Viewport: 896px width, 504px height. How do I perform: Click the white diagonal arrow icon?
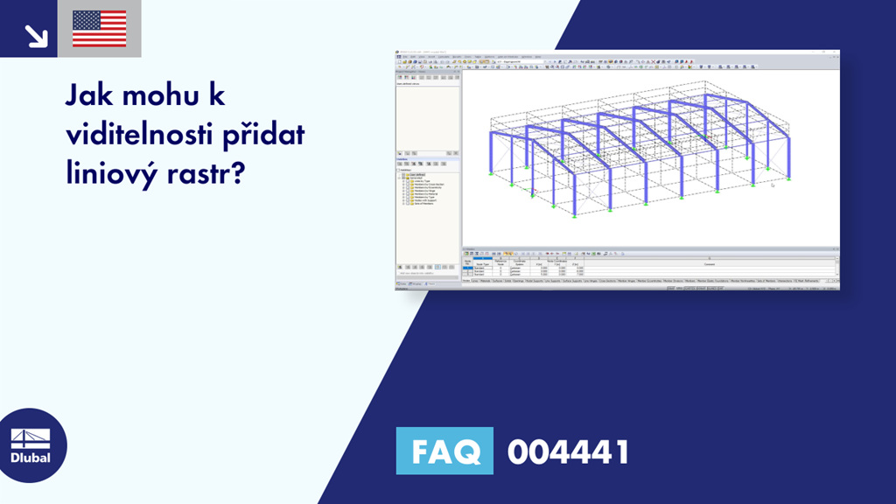pyautogui.click(x=36, y=34)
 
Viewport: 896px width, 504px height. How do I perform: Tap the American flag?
pyautogui.click(x=99, y=29)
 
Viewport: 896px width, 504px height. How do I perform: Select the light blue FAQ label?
pyautogui.click(x=444, y=451)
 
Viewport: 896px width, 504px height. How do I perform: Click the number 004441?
pyautogui.click(x=568, y=451)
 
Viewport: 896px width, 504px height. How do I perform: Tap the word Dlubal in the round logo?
pyautogui.click(x=30, y=458)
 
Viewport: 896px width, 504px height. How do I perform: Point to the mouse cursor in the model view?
pyautogui.click(x=772, y=185)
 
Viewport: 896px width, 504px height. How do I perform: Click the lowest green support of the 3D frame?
pyautogui.click(x=573, y=218)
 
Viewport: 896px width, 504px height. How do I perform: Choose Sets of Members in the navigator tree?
pyautogui.click(x=423, y=202)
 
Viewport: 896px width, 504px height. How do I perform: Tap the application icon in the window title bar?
pyautogui.click(x=397, y=52)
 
